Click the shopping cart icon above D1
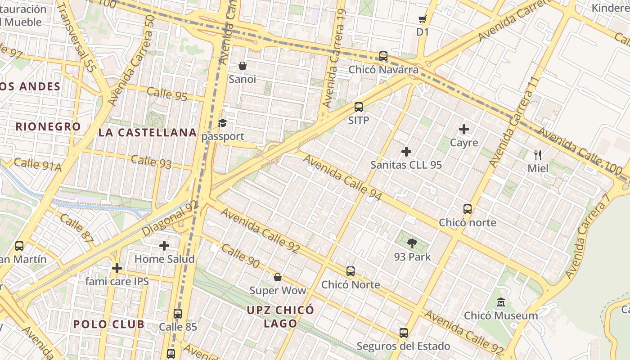click(x=422, y=19)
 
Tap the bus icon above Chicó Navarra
click(x=383, y=56)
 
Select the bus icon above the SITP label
click(x=359, y=107)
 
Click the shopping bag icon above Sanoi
click(x=243, y=66)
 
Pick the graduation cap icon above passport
click(x=223, y=123)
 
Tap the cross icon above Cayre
click(x=464, y=130)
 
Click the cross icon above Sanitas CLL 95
click(x=406, y=152)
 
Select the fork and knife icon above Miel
click(x=538, y=155)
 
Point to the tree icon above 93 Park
click(x=412, y=244)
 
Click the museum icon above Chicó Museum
click(x=501, y=302)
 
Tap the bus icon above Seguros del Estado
click(x=404, y=333)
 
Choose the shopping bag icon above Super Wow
click(x=278, y=277)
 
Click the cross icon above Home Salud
click(x=164, y=246)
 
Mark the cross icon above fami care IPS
click(x=117, y=269)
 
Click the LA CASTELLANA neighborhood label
click(x=148, y=132)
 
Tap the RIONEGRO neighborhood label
click(x=48, y=126)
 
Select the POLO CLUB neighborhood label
click(x=109, y=324)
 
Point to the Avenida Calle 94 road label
click(x=342, y=178)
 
